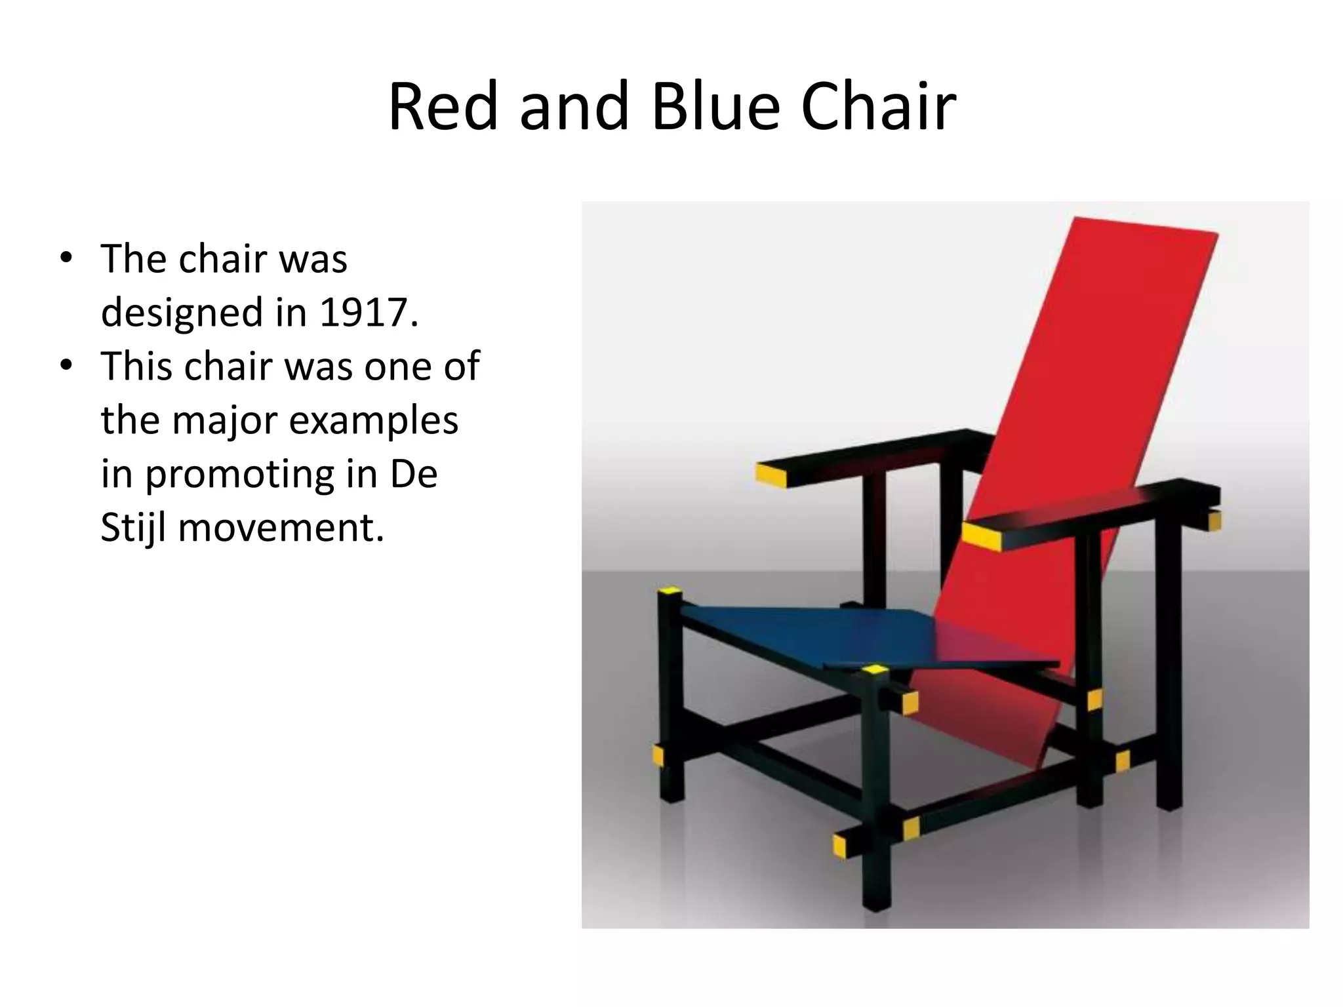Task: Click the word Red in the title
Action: click(x=442, y=106)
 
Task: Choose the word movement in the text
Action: click(x=281, y=528)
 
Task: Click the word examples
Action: click(x=373, y=420)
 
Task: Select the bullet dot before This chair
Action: click(x=66, y=365)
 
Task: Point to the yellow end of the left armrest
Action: click(x=771, y=475)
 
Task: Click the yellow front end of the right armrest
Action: click(x=982, y=535)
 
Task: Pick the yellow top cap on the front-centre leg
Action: click(x=875, y=669)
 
